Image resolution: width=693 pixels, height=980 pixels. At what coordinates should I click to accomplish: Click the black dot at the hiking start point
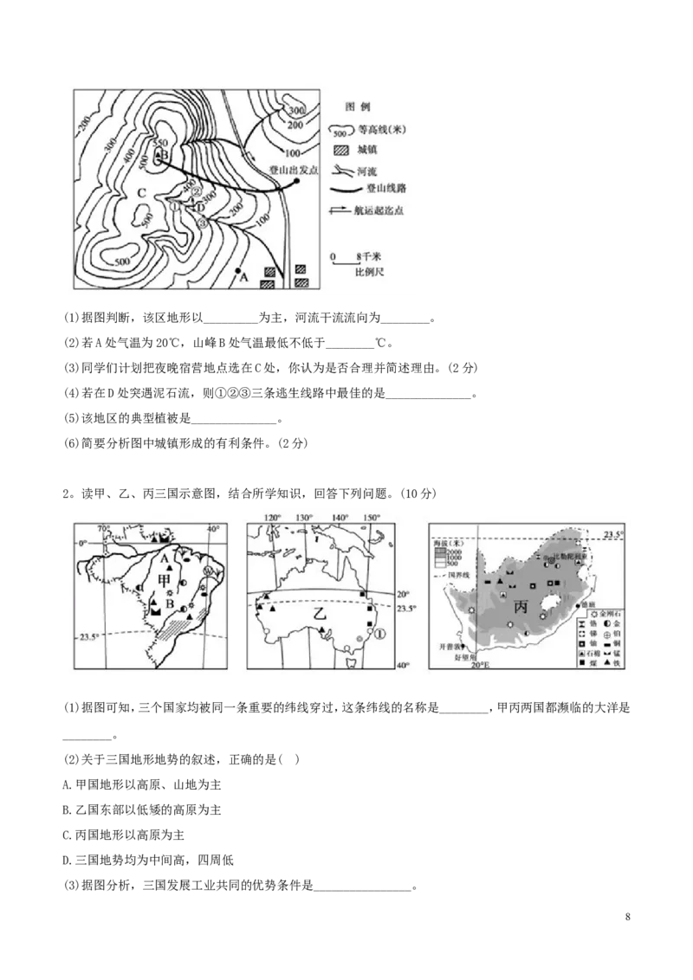(296, 182)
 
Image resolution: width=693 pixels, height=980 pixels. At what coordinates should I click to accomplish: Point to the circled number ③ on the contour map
(203, 222)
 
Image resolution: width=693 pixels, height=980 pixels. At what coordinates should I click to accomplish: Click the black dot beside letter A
(236, 271)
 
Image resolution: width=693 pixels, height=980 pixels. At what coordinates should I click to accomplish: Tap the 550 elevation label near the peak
(159, 144)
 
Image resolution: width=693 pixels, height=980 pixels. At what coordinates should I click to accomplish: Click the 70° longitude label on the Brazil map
(104, 529)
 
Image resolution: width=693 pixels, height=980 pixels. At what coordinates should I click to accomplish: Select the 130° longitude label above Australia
(303, 518)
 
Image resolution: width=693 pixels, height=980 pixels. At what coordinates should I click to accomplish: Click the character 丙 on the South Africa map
(520, 607)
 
